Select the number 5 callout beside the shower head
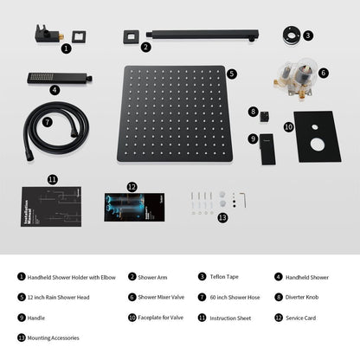[x=232, y=74]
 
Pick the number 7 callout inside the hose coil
[x=48, y=122]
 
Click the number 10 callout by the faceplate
[x=288, y=127]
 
